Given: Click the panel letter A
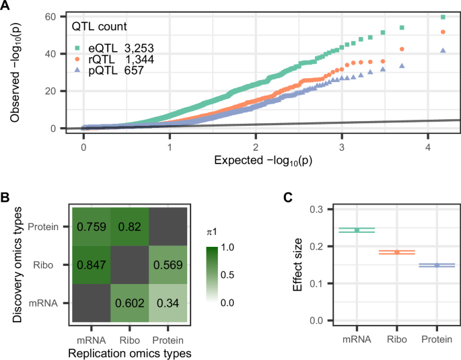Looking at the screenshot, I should pos(6,6).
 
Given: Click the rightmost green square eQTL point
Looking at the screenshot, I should pos(443,17).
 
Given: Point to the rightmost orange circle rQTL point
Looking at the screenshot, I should pos(443,32).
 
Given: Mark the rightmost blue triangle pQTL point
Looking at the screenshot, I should pos(443,50).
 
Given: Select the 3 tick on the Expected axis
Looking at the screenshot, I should pos(342,146).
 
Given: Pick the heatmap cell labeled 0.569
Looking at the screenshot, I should pos(168,266).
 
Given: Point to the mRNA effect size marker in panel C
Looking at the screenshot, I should pos(357,230).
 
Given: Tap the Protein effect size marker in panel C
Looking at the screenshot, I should pos(436,265).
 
